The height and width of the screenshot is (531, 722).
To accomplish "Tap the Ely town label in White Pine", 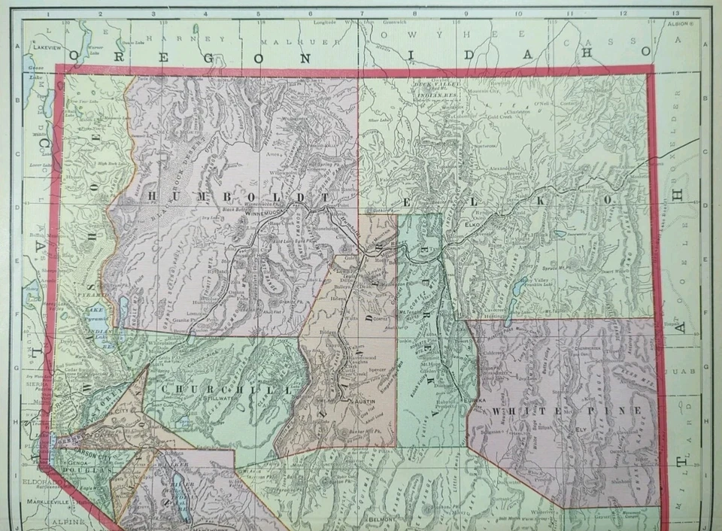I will coord(581,430).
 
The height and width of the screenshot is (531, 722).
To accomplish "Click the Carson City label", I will coord(89,454).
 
